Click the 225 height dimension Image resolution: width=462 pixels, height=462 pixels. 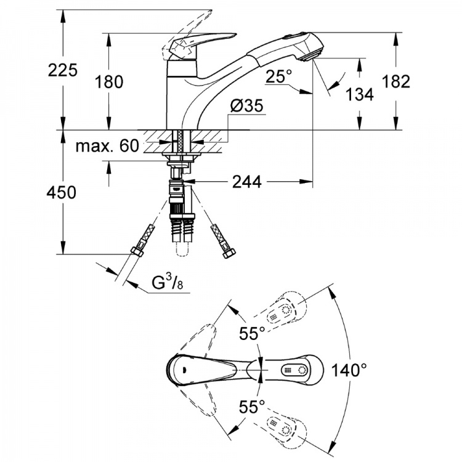[x=62, y=70]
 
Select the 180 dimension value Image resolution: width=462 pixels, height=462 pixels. [x=108, y=81]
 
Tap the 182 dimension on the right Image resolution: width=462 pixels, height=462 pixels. [x=395, y=81]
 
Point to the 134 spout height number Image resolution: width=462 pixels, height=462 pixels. [x=359, y=94]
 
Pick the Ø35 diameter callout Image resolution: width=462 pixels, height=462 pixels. [x=247, y=105]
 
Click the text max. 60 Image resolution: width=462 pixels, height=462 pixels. [x=107, y=145]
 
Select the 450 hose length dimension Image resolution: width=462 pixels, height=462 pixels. [x=61, y=192]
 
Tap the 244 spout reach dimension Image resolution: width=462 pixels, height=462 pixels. [x=246, y=182]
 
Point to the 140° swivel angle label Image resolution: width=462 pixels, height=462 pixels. [x=349, y=370]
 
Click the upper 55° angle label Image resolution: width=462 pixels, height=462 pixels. [x=252, y=334]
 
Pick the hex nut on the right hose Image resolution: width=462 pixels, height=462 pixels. [x=229, y=253]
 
